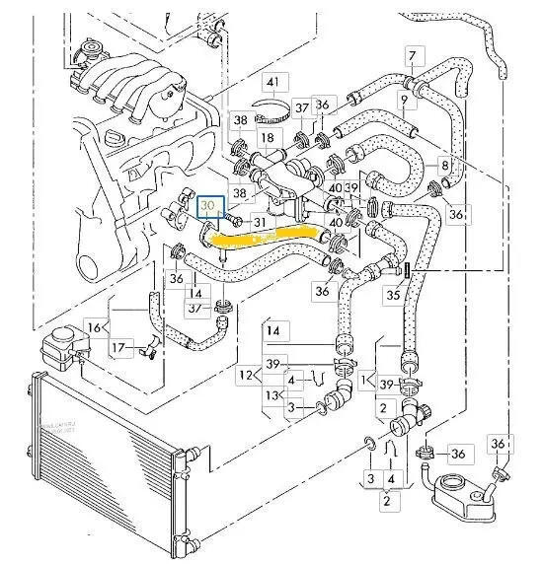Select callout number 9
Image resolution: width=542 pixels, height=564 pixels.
click(x=403, y=101)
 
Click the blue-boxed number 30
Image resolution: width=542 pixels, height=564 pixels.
click(x=209, y=206)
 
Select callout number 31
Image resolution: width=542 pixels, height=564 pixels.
click(x=260, y=223)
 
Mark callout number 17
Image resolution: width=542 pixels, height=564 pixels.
click(x=119, y=347)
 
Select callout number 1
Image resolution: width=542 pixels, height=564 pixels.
click(x=367, y=379)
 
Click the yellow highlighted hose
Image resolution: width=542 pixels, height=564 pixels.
click(x=267, y=238)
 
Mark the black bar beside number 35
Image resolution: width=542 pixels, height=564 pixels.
click(x=406, y=269)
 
